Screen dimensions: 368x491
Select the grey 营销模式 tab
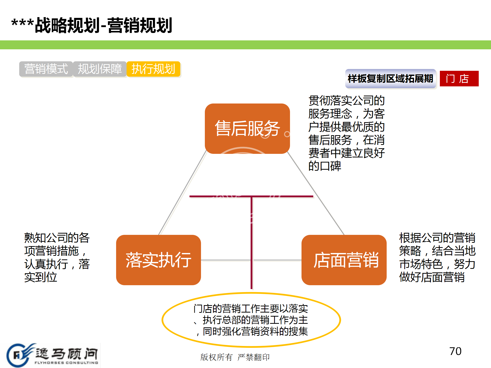pyautogui.click(x=46, y=69)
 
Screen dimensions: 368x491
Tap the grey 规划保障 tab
pyautogui.click(x=100, y=69)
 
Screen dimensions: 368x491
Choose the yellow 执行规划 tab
pyautogui.click(x=153, y=69)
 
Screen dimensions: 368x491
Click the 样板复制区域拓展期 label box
pyautogui.click(x=390, y=78)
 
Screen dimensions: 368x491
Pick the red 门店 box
pyautogui.click(x=459, y=78)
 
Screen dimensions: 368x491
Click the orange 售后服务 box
pyautogui.click(x=247, y=129)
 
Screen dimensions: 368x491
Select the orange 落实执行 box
pyautogui.click(x=159, y=260)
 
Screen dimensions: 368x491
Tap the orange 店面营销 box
pyautogui.click(x=344, y=260)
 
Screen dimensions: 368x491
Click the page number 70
pyautogui.click(x=455, y=351)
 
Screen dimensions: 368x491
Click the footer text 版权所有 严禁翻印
pyautogui.click(x=235, y=357)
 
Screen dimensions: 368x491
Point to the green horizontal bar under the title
pyautogui.click(x=245, y=45)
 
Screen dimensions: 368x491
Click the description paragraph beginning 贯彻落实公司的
pyautogui.click(x=347, y=133)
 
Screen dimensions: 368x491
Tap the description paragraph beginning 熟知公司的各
pyautogui.click(x=57, y=257)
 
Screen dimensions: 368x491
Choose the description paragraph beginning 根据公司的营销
pyautogui.click(x=437, y=257)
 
